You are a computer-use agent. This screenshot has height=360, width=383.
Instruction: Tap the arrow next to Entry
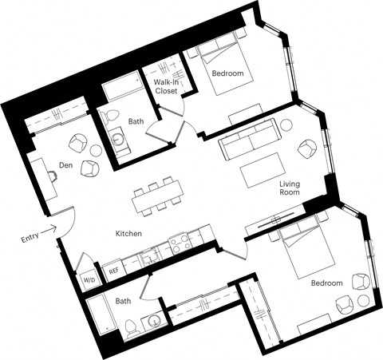(49, 229)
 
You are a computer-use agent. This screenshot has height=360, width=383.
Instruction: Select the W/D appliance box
(88, 280)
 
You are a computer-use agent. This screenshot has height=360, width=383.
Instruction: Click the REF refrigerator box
(113, 271)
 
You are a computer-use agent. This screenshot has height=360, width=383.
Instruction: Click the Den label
(67, 166)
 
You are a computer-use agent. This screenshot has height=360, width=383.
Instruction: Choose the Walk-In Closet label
(166, 86)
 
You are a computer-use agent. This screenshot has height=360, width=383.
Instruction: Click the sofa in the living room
(249, 141)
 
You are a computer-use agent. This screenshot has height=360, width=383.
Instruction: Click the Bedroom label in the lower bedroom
(326, 283)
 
